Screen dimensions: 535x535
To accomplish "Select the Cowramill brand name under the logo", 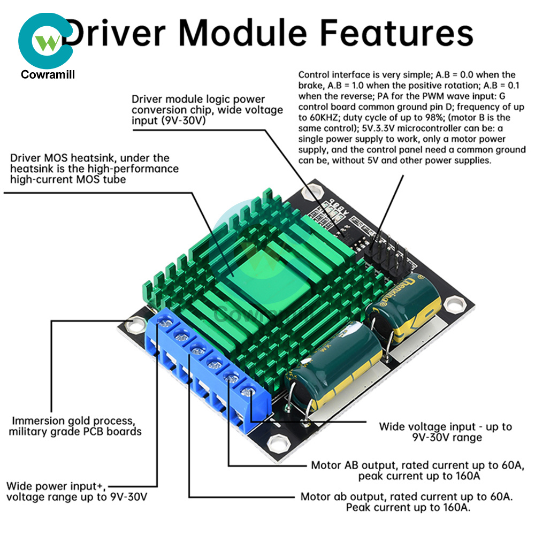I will pyautogui.click(x=48, y=74).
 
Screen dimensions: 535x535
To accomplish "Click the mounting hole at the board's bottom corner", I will pyautogui.click(x=278, y=444).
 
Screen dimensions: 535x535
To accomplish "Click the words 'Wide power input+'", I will pyautogui.click(x=51, y=486).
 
